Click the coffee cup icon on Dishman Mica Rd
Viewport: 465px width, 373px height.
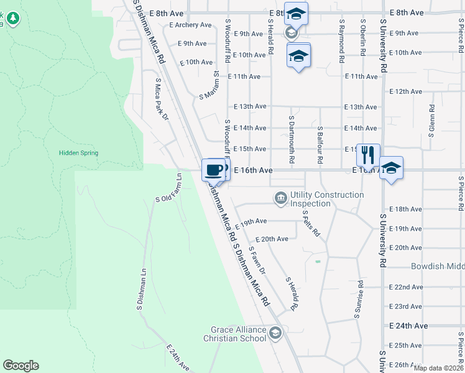(x=213, y=169)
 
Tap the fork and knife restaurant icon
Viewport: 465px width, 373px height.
(x=368, y=154)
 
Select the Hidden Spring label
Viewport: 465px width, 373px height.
(x=78, y=153)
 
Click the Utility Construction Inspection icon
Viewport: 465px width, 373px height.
(x=280, y=199)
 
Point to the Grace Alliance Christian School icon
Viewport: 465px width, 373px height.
(x=275, y=334)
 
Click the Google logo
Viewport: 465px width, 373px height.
(x=21, y=366)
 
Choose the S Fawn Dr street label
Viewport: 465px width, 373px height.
(x=257, y=260)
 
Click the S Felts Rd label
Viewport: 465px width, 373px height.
(x=311, y=224)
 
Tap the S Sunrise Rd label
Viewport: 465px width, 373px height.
(x=359, y=299)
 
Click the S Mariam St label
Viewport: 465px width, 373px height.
(x=209, y=86)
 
